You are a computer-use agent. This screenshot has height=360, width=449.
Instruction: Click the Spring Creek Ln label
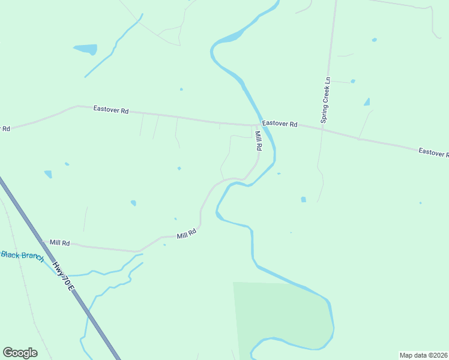click(x=326, y=100)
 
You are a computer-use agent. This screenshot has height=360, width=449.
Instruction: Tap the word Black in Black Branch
click(x=10, y=254)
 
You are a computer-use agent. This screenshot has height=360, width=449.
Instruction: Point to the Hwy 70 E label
click(x=62, y=277)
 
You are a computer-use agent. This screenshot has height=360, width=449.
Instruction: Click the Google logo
click(x=20, y=353)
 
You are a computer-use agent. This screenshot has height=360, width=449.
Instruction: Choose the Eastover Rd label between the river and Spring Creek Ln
click(x=280, y=124)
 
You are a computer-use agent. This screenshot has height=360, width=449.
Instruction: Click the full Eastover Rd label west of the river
click(x=111, y=110)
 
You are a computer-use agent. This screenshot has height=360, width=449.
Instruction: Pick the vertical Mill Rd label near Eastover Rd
click(x=258, y=141)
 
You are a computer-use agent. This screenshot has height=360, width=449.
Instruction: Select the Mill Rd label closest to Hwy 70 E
click(x=59, y=243)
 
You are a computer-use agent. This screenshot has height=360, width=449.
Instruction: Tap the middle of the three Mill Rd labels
click(x=187, y=234)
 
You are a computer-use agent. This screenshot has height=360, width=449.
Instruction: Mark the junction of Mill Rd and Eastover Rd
click(x=254, y=125)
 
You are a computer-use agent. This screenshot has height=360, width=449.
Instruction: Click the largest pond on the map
click(x=86, y=49)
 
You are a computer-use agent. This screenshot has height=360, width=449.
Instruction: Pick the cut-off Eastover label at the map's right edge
click(x=433, y=153)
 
